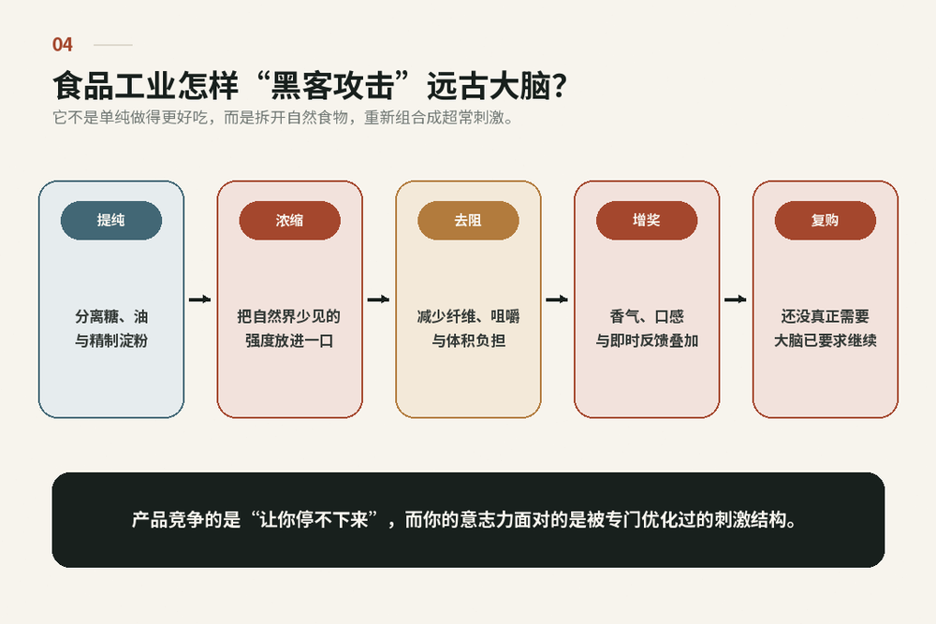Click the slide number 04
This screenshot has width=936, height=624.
[62, 45]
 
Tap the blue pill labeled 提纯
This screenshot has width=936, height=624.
[111, 221]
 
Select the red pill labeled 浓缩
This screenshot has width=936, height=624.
[289, 221]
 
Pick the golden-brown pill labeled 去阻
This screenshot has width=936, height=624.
[468, 221]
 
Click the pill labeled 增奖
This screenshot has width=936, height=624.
[647, 221]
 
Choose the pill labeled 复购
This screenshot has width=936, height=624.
[825, 221]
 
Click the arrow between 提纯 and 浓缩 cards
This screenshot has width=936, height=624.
[200, 299]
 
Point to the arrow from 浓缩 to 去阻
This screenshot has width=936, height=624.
[378, 299]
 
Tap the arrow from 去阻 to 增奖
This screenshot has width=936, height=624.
[557, 299]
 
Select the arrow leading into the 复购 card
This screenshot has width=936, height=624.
[736, 299]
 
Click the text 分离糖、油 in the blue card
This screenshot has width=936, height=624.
[111, 316]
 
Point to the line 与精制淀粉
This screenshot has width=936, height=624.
[111, 341]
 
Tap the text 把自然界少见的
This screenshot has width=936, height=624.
[289, 316]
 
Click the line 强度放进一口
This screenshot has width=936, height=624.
[289, 341]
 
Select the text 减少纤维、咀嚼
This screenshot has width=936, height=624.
[469, 316]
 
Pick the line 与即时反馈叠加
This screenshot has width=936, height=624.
[647, 341]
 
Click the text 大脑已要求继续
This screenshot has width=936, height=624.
[826, 341]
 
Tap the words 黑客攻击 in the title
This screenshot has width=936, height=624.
[332, 85]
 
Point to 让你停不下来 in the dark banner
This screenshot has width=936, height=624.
[314, 519]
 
